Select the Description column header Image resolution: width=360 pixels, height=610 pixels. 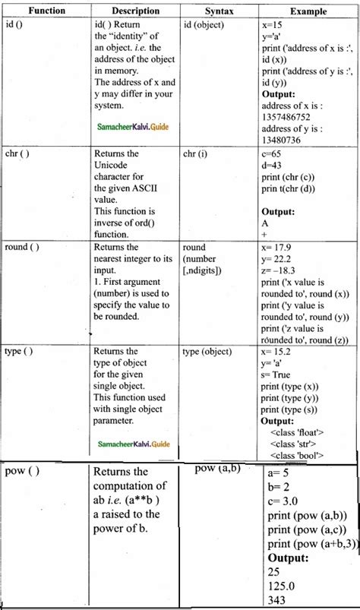tap(134, 11)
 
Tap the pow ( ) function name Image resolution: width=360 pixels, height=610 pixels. tap(23, 472)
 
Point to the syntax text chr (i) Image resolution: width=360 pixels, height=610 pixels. tap(200, 153)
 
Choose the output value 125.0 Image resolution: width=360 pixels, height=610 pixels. tap(283, 588)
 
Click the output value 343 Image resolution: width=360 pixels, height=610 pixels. tap(277, 602)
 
